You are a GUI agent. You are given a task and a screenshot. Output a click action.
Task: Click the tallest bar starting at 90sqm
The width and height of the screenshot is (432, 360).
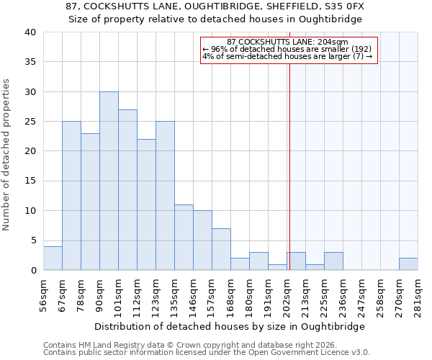click(109, 181)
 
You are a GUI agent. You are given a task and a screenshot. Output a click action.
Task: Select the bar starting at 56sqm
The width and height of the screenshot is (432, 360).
click(53, 258)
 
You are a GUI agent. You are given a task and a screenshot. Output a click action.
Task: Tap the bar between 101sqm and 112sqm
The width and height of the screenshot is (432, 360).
click(127, 190)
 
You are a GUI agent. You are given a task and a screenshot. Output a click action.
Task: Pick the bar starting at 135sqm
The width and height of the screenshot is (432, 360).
click(184, 238)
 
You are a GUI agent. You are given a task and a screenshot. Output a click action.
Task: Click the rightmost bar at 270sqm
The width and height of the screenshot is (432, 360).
click(408, 264)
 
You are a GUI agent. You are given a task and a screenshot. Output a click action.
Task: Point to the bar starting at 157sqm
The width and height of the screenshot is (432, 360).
click(221, 249)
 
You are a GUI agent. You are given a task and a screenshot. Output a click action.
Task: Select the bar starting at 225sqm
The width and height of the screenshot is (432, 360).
click(333, 261)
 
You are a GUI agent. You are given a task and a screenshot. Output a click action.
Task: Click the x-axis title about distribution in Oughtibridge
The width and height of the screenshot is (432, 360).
click(230, 326)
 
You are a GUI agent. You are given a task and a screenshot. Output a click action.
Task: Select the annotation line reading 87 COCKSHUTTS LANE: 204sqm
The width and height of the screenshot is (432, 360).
click(287, 42)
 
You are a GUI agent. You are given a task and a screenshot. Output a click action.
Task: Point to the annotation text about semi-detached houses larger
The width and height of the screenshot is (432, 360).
click(287, 56)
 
